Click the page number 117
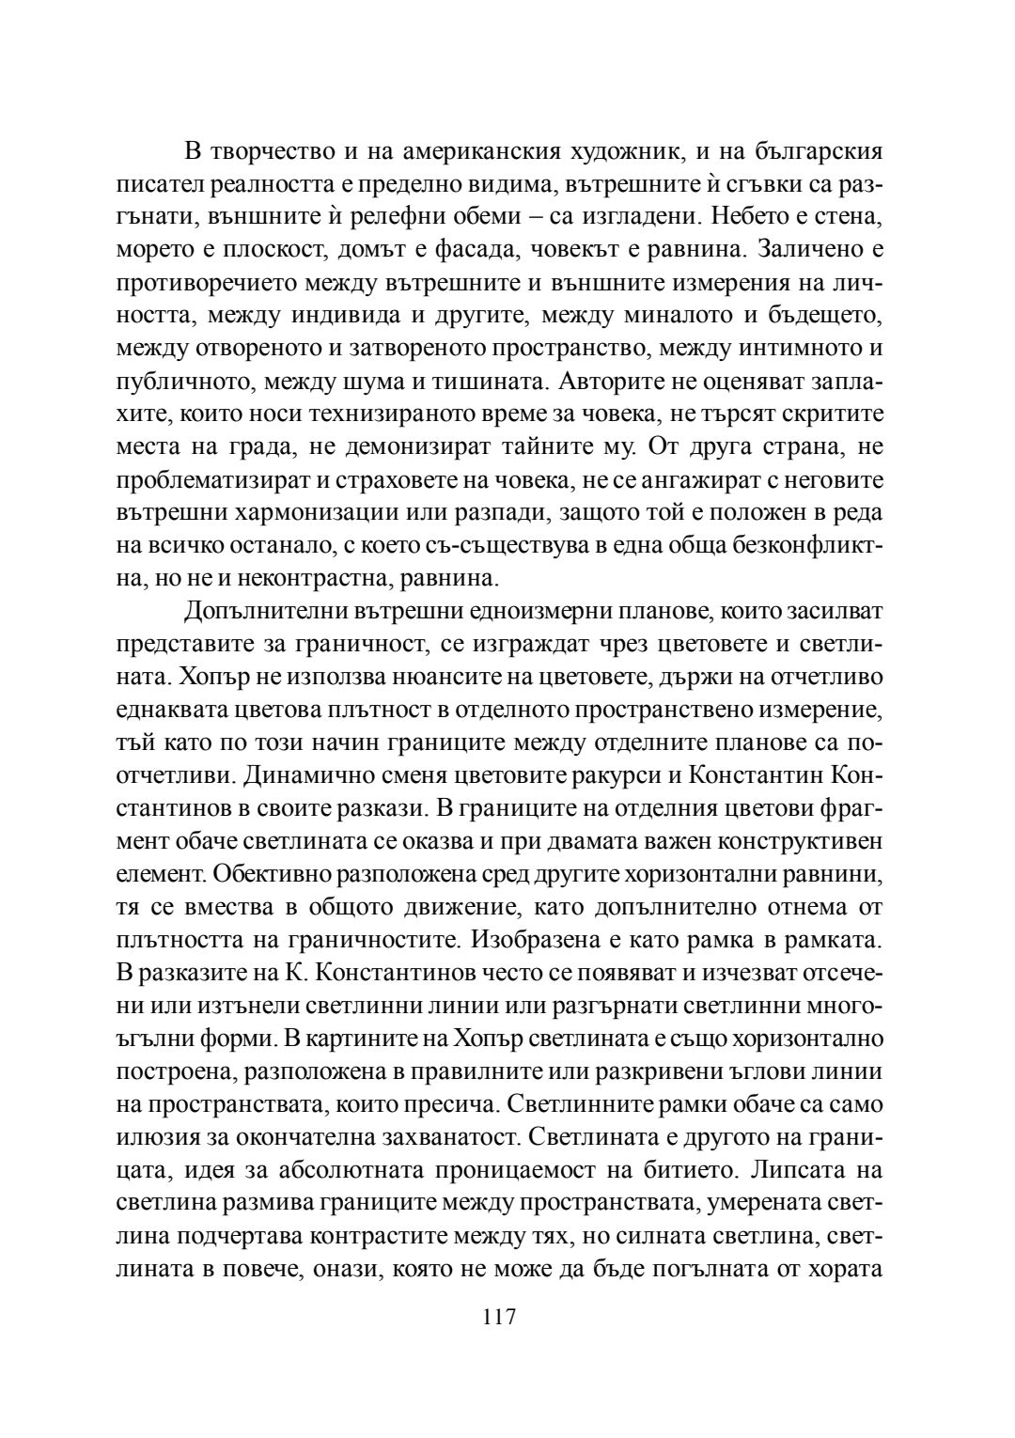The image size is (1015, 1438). (x=499, y=1317)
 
